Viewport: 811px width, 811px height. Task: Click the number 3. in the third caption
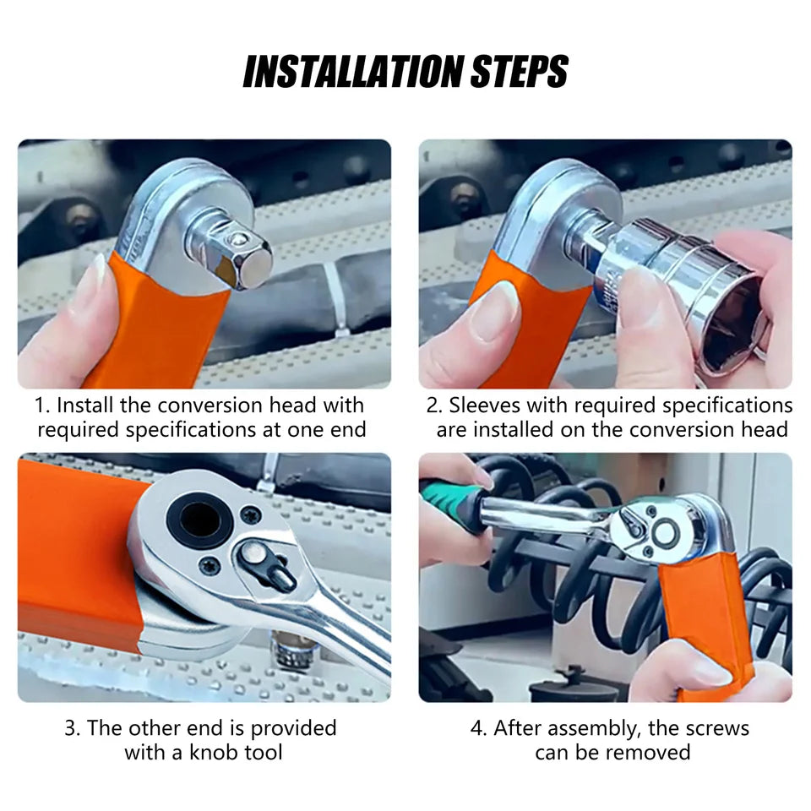pos(73,727)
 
